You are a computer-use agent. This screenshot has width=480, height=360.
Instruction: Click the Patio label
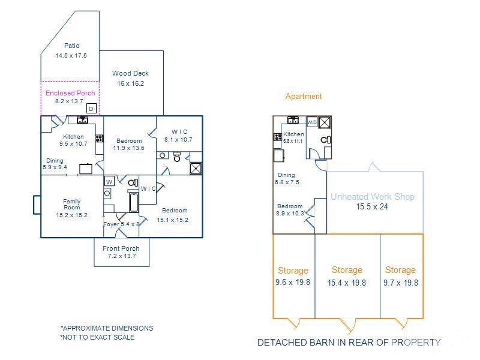tap(71, 46)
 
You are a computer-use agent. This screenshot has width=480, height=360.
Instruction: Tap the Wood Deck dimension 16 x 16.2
tap(130, 83)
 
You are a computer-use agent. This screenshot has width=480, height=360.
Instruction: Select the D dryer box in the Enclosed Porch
tap(91, 109)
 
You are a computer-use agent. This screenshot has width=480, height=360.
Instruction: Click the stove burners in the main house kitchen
tap(99, 139)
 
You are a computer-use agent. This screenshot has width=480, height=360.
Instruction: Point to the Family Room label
tap(71, 204)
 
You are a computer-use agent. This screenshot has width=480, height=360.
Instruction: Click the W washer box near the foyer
tap(109, 181)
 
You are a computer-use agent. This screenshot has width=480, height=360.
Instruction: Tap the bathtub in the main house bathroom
tap(134, 202)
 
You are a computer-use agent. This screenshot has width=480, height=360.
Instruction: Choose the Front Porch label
tap(121, 248)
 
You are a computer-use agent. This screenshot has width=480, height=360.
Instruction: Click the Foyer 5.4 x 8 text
tap(122, 224)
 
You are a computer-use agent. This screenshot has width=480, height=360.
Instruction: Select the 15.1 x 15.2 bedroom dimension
tap(172, 220)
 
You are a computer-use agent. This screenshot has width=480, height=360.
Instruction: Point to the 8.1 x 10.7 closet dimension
tap(178, 140)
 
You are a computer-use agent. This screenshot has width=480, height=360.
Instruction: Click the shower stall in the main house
tap(196, 169)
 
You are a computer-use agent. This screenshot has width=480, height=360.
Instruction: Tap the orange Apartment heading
tap(304, 96)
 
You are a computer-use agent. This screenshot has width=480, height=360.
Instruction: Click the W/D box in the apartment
tap(312, 122)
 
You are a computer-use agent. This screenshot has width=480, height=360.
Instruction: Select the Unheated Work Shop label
tap(373, 197)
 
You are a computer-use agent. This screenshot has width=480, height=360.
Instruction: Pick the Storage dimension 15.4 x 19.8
tap(347, 283)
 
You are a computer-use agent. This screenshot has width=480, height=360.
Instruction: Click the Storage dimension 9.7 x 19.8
tap(401, 283)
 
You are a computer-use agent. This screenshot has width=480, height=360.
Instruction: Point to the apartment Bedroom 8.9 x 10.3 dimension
tap(290, 213)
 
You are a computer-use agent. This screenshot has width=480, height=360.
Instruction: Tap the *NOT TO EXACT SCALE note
tap(97, 337)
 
